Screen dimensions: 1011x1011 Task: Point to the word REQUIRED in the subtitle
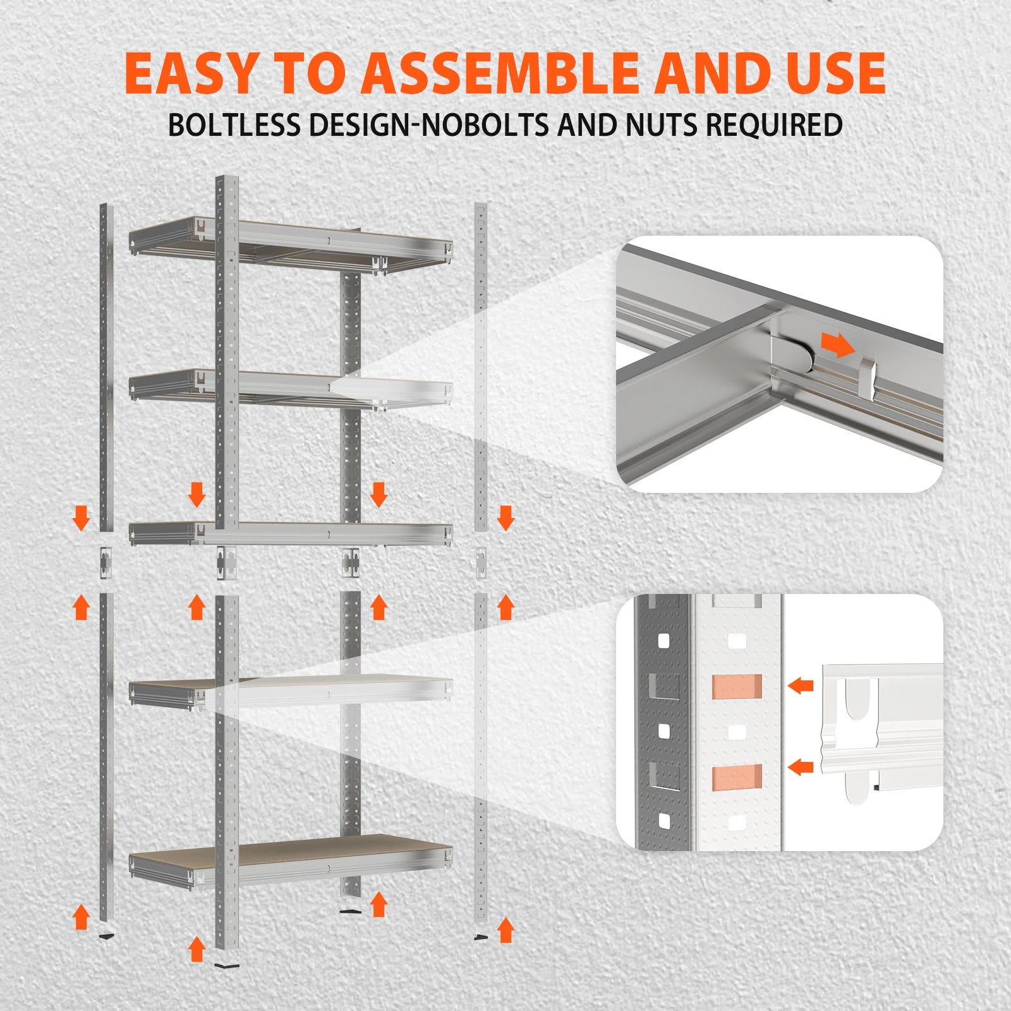(773, 125)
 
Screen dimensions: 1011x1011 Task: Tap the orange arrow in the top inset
(838, 345)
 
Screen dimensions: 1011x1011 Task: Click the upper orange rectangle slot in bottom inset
(737, 686)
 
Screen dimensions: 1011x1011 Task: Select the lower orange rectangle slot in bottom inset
(737, 777)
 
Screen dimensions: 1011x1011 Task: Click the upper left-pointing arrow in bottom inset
(801, 685)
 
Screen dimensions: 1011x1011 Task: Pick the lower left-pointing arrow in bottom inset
(801, 768)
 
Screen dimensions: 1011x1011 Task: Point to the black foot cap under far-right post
(482, 937)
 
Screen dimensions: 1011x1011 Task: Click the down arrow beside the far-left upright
(81, 517)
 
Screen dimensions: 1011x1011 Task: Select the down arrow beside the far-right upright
(505, 517)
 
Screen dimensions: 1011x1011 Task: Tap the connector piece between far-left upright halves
(105, 561)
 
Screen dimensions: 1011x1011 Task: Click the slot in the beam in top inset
(870, 379)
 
